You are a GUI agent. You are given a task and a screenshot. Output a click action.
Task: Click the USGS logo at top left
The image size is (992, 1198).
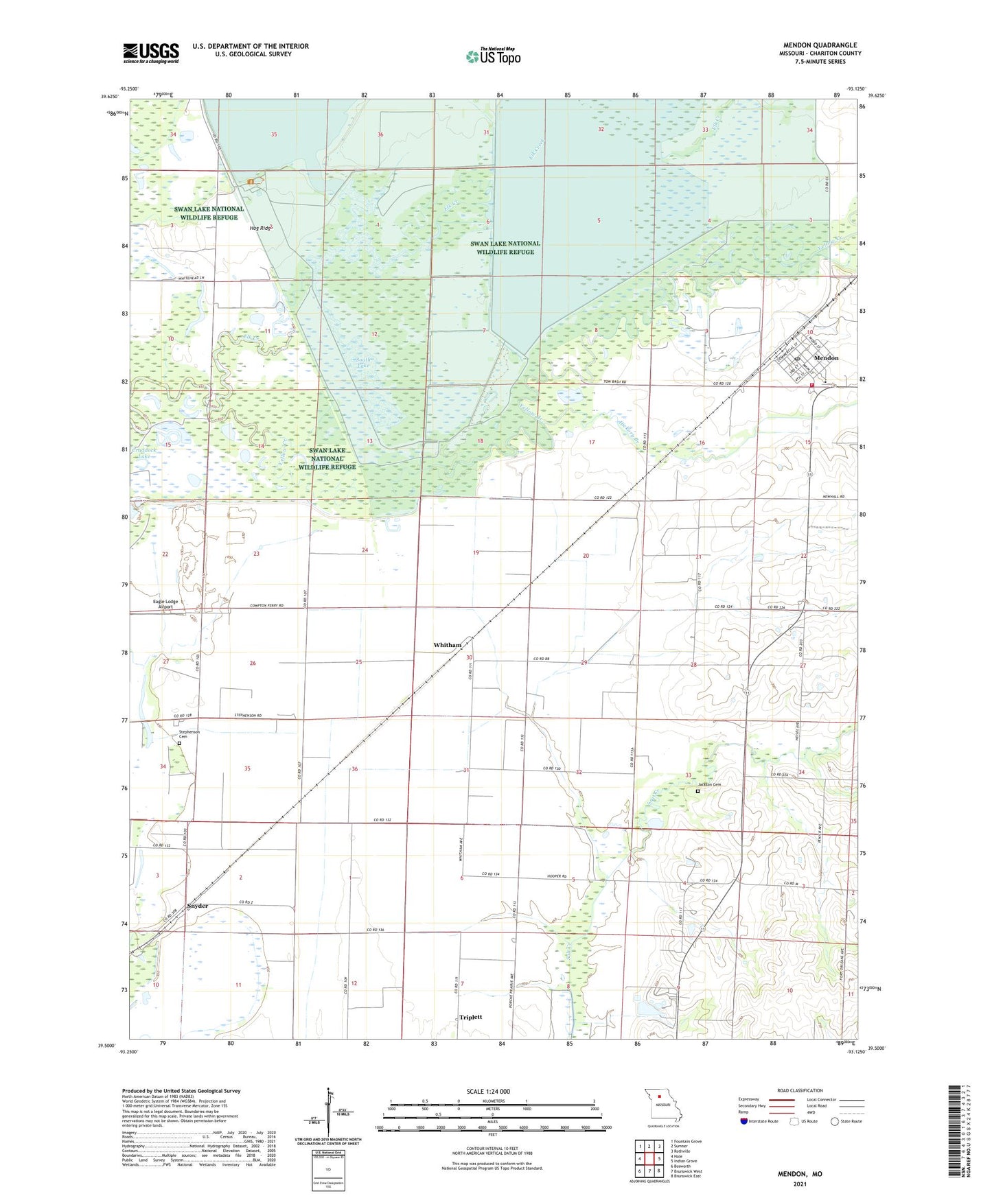(151, 53)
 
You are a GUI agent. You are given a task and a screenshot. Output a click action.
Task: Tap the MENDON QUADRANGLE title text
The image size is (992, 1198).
(820, 45)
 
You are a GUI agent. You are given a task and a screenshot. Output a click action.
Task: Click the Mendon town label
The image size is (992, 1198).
(826, 358)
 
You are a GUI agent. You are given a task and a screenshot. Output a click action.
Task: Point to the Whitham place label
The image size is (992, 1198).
(448, 645)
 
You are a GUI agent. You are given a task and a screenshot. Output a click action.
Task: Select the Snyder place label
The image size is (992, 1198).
(193, 906)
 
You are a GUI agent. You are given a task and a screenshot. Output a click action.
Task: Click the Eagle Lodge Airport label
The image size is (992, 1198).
(165, 604)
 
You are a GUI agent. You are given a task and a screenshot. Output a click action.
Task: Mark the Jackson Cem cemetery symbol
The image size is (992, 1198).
(697, 791)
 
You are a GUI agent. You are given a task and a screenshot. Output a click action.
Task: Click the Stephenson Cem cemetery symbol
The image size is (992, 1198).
(179, 743)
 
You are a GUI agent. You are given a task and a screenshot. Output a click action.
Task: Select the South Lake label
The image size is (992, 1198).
(363, 363)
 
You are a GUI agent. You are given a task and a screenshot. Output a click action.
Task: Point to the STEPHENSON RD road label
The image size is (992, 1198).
(249, 716)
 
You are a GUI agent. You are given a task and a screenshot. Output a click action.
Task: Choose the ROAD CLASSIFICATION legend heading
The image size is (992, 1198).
(799, 1090)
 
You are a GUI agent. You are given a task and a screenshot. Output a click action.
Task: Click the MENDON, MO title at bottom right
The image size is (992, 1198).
(800, 1174)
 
